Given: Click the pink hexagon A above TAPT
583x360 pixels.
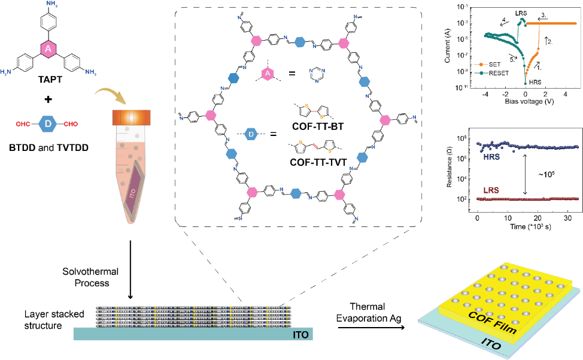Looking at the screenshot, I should coord(48,49).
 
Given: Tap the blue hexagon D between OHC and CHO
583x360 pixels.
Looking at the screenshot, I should coord(47,124).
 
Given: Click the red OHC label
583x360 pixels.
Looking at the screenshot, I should coord(23,124).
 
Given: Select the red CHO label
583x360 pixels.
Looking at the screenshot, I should coord(71,124).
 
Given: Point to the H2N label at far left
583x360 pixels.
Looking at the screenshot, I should coord(5,72).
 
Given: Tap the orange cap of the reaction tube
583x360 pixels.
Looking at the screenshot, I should coord(130,117).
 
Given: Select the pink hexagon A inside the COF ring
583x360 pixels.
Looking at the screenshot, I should coord(268,74).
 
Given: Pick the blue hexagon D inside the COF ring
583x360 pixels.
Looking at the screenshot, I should coord(251,134).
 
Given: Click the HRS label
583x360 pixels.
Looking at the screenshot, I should coord(491,157).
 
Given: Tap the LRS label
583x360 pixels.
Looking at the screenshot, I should coord(491,190).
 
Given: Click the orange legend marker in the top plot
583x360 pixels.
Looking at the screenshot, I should coord(481,64).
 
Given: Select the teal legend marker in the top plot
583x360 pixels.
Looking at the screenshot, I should coord(481,73).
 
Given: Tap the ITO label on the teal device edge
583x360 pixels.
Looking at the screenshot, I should coord(491,343).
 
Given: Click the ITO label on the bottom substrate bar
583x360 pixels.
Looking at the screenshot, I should coord(301,334).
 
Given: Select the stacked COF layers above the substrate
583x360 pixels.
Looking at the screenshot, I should coord(193,316).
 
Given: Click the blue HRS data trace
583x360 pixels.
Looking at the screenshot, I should coord(527,146).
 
